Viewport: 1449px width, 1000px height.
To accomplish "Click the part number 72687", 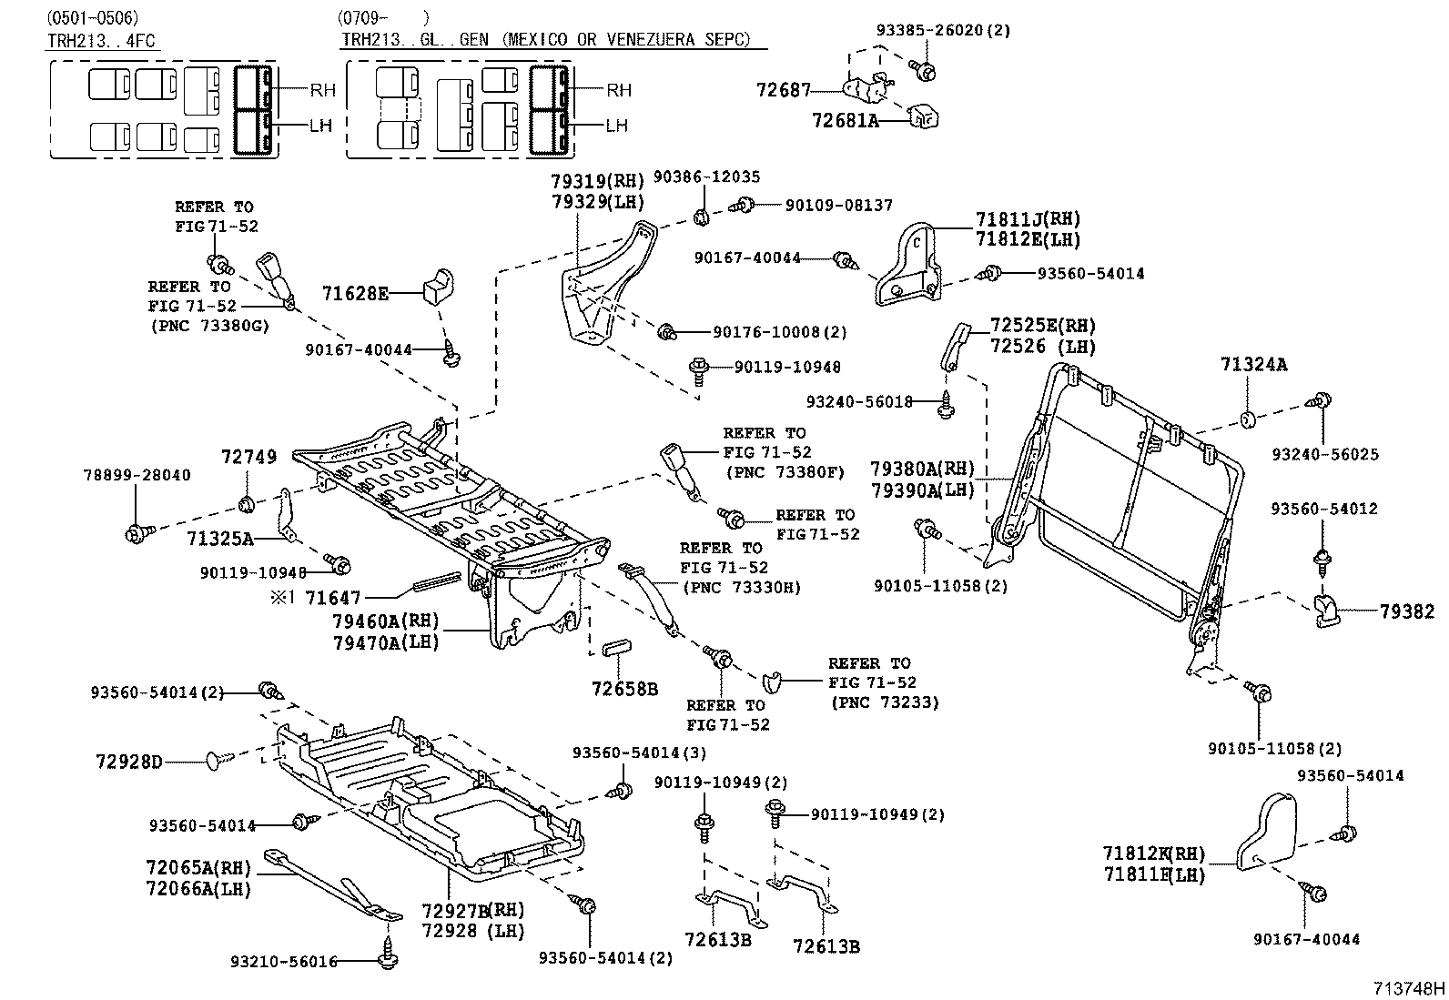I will click(x=783, y=89).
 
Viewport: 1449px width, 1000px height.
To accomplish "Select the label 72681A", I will click(x=845, y=120).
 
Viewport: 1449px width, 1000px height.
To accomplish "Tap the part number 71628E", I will click(x=355, y=293).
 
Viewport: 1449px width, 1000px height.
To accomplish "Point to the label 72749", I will click(x=248, y=457).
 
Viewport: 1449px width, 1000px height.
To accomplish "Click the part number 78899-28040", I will click(x=137, y=475).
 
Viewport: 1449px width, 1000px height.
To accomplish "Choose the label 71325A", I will click(x=219, y=538).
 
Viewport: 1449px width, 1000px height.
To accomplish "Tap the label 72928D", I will click(x=128, y=761).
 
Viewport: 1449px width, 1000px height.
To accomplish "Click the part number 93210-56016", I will click(x=284, y=961).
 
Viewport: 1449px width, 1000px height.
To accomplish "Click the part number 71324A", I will click(x=1253, y=365).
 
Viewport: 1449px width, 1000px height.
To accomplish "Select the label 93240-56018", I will click(x=859, y=400).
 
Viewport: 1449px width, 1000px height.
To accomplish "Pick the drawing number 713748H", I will click(x=1409, y=988).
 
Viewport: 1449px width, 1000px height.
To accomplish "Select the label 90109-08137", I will click(x=838, y=207).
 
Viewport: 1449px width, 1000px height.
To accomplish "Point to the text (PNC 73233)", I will click(x=884, y=702).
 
